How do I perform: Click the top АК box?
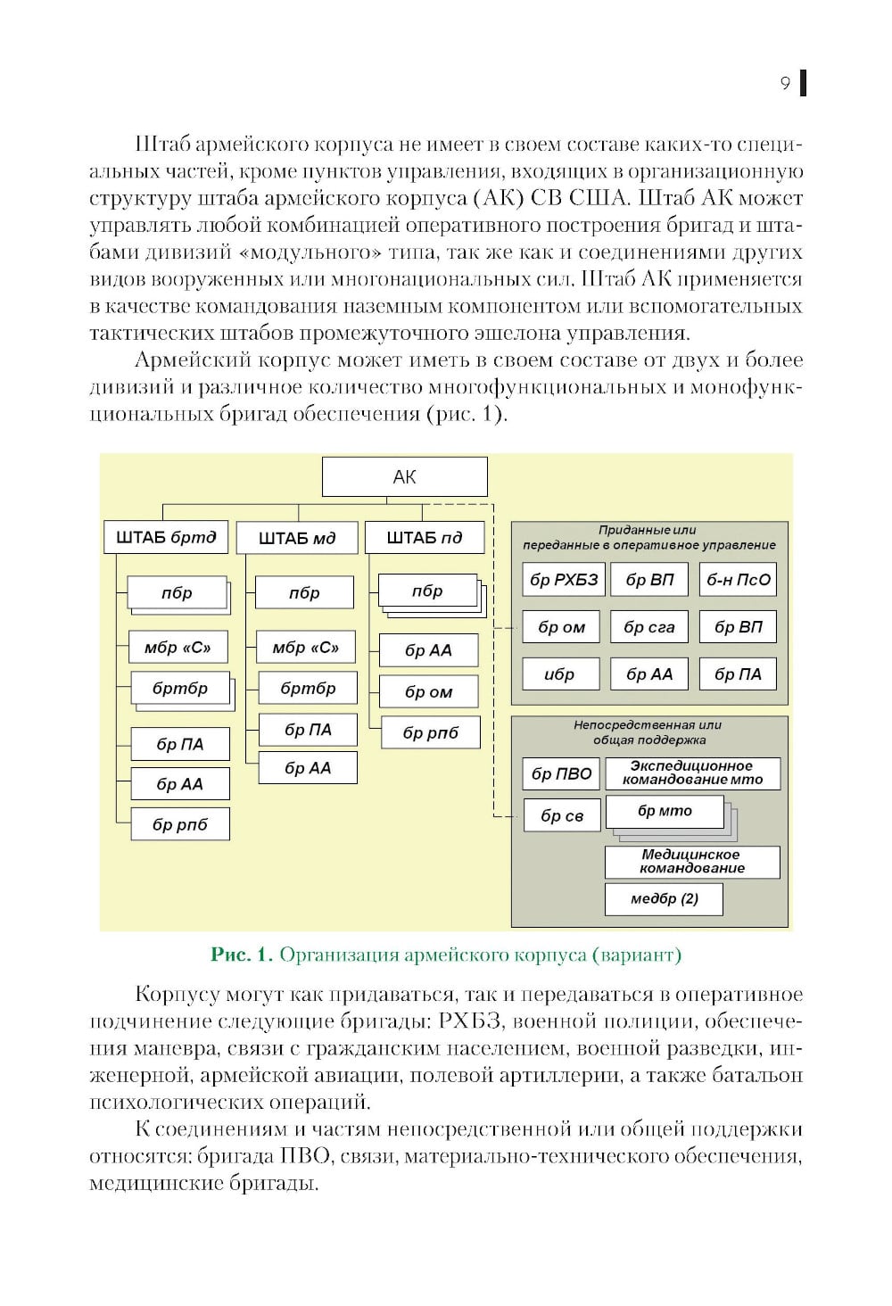point(404,477)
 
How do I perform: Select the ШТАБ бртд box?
point(166,538)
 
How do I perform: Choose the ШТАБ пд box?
point(425,538)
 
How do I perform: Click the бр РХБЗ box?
point(564,580)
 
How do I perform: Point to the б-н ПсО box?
point(738,580)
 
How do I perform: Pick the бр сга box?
point(649,627)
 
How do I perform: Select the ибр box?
point(559,674)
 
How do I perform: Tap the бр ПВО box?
point(561,774)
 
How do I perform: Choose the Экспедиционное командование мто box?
point(692,773)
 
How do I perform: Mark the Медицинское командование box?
point(692,862)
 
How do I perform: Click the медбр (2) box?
point(664,899)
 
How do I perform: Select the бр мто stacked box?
point(665,812)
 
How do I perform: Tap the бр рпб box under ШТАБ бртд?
point(179,825)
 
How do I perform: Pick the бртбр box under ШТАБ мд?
point(308,689)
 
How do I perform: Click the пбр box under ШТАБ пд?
point(427,591)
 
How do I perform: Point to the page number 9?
point(785,84)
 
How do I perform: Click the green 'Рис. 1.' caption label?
point(241,955)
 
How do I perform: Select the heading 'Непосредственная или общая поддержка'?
point(648,732)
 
